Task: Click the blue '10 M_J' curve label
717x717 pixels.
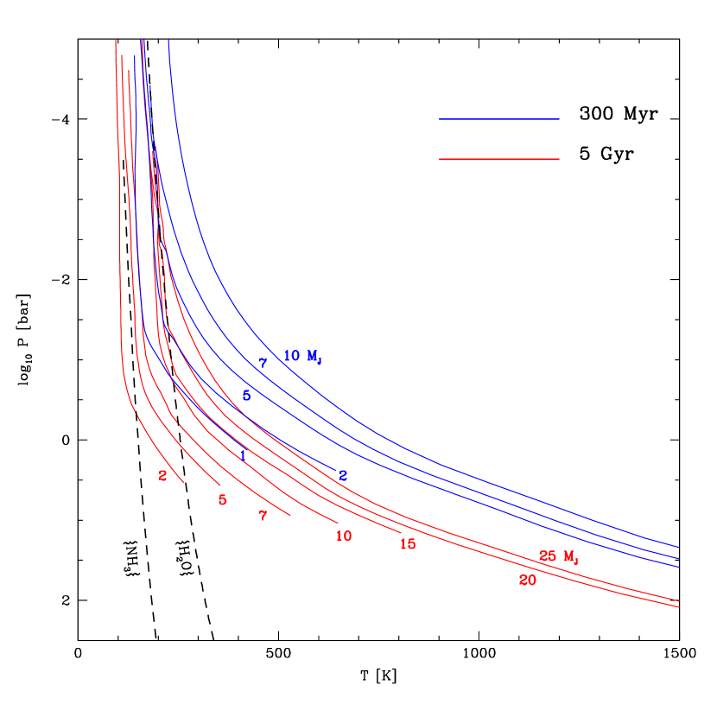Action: pyautogui.click(x=302, y=356)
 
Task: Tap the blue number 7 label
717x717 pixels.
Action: pyautogui.click(x=263, y=364)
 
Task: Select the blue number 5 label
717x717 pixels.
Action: pyautogui.click(x=246, y=396)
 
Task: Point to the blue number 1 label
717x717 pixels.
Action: pyautogui.click(x=243, y=455)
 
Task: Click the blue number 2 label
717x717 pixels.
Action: pyautogui.click(x=343, y=476)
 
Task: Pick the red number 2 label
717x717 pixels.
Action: pyautogui.click(x=162, y=476)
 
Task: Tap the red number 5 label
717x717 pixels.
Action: pyautogui.click(x=222, y=500)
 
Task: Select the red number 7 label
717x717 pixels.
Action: pyautogui.click(x=263, y=516)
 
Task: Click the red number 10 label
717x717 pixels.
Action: pyautogui.click(x=344, y=536)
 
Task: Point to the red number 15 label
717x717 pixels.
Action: pyautogui.click(x=408, y=544)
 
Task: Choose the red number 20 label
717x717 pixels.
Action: pyautogui.click(x=528, y=581)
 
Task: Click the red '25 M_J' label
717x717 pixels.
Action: pyautogui.click(x=558, y=557)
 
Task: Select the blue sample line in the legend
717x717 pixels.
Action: pyautogui.click(x=498, y=119)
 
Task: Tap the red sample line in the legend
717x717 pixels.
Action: pyautogui.click(x=498, y=159)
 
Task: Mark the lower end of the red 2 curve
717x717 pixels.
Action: pyautogui.click(x=184, y=482)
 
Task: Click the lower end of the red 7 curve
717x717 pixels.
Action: pyautogui.click(x=290, y=517)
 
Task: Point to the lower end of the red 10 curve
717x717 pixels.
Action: pyautogui.click(x=339, y=523)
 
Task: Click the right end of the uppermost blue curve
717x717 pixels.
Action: pyautogui.click(x=679, y=547)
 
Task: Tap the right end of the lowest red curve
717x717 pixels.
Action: pyautogui.click(x=679, y=607)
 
